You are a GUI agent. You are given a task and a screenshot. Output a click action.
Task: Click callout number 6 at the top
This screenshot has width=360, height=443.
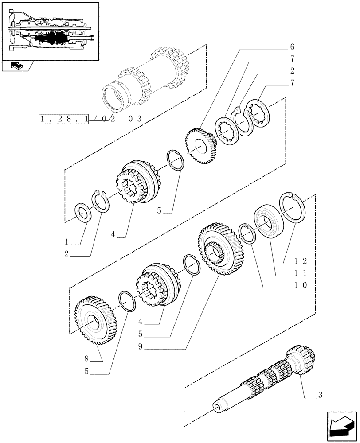292,47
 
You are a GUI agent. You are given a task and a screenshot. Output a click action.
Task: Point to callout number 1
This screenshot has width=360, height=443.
66,242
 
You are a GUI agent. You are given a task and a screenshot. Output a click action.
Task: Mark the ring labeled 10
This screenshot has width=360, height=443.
247,233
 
